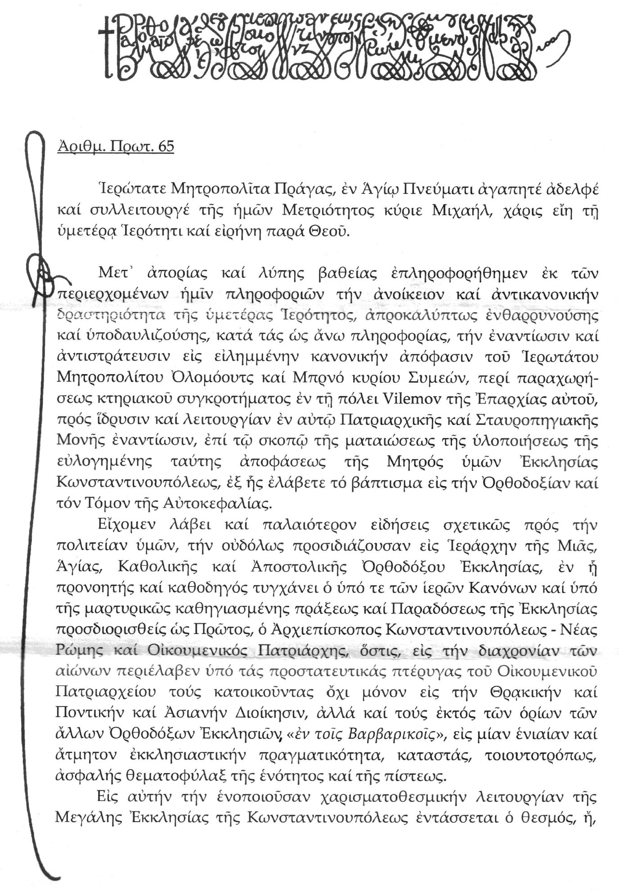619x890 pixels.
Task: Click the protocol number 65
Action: pyautogui.click(x=166, y=147)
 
